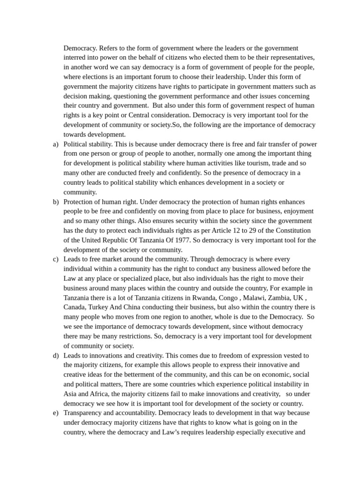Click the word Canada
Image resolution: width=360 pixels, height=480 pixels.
75,307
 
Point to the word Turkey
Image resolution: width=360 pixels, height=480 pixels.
106,307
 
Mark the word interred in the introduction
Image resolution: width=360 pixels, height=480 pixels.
75,58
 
